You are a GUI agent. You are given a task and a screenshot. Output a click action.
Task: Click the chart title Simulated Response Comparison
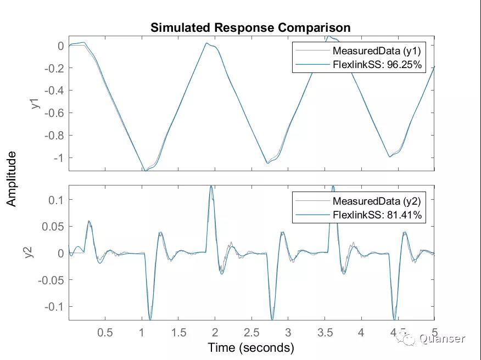click(250, 27)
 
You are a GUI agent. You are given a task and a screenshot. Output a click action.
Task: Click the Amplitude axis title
click(12, 179)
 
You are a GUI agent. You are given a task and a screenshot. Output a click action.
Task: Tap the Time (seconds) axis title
click(251, 347)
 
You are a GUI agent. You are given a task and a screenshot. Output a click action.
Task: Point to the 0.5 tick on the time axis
click(105, 333)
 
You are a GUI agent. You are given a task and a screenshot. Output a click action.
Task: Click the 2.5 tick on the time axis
click(251, 333)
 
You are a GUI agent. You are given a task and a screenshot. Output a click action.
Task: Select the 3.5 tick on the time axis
click(325, 333)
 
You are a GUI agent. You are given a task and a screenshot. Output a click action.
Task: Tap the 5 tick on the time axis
click(434, 333)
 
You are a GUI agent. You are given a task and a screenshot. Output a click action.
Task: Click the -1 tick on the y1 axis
click(57, 157)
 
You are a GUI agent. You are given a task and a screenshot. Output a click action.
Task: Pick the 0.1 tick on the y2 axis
click(56, 200)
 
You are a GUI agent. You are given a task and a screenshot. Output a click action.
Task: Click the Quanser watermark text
click(442, 339)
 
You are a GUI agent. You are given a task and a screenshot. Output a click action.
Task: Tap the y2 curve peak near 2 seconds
click(211, 187)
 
